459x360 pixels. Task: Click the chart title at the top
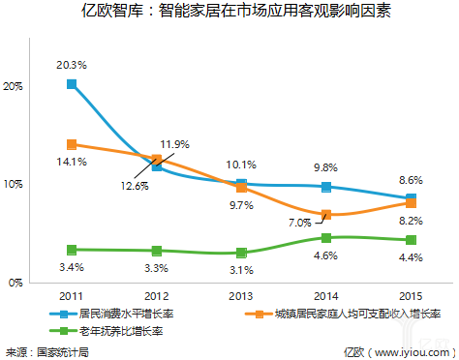click(229, 13)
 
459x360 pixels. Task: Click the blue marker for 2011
click(72, 84)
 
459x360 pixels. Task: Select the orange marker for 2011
click(72, 144)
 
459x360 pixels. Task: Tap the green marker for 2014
click(326, 237)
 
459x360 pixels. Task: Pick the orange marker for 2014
click(326, 214)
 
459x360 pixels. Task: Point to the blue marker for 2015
click(411, 197)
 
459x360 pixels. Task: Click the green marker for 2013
click(241, 253)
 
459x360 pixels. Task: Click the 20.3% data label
click(72, 65)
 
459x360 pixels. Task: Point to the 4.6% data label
click(326, 255)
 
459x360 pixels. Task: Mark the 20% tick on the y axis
click(13, 85)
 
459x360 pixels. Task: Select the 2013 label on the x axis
click(241, 296)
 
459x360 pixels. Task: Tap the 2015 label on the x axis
click(411, 296)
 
